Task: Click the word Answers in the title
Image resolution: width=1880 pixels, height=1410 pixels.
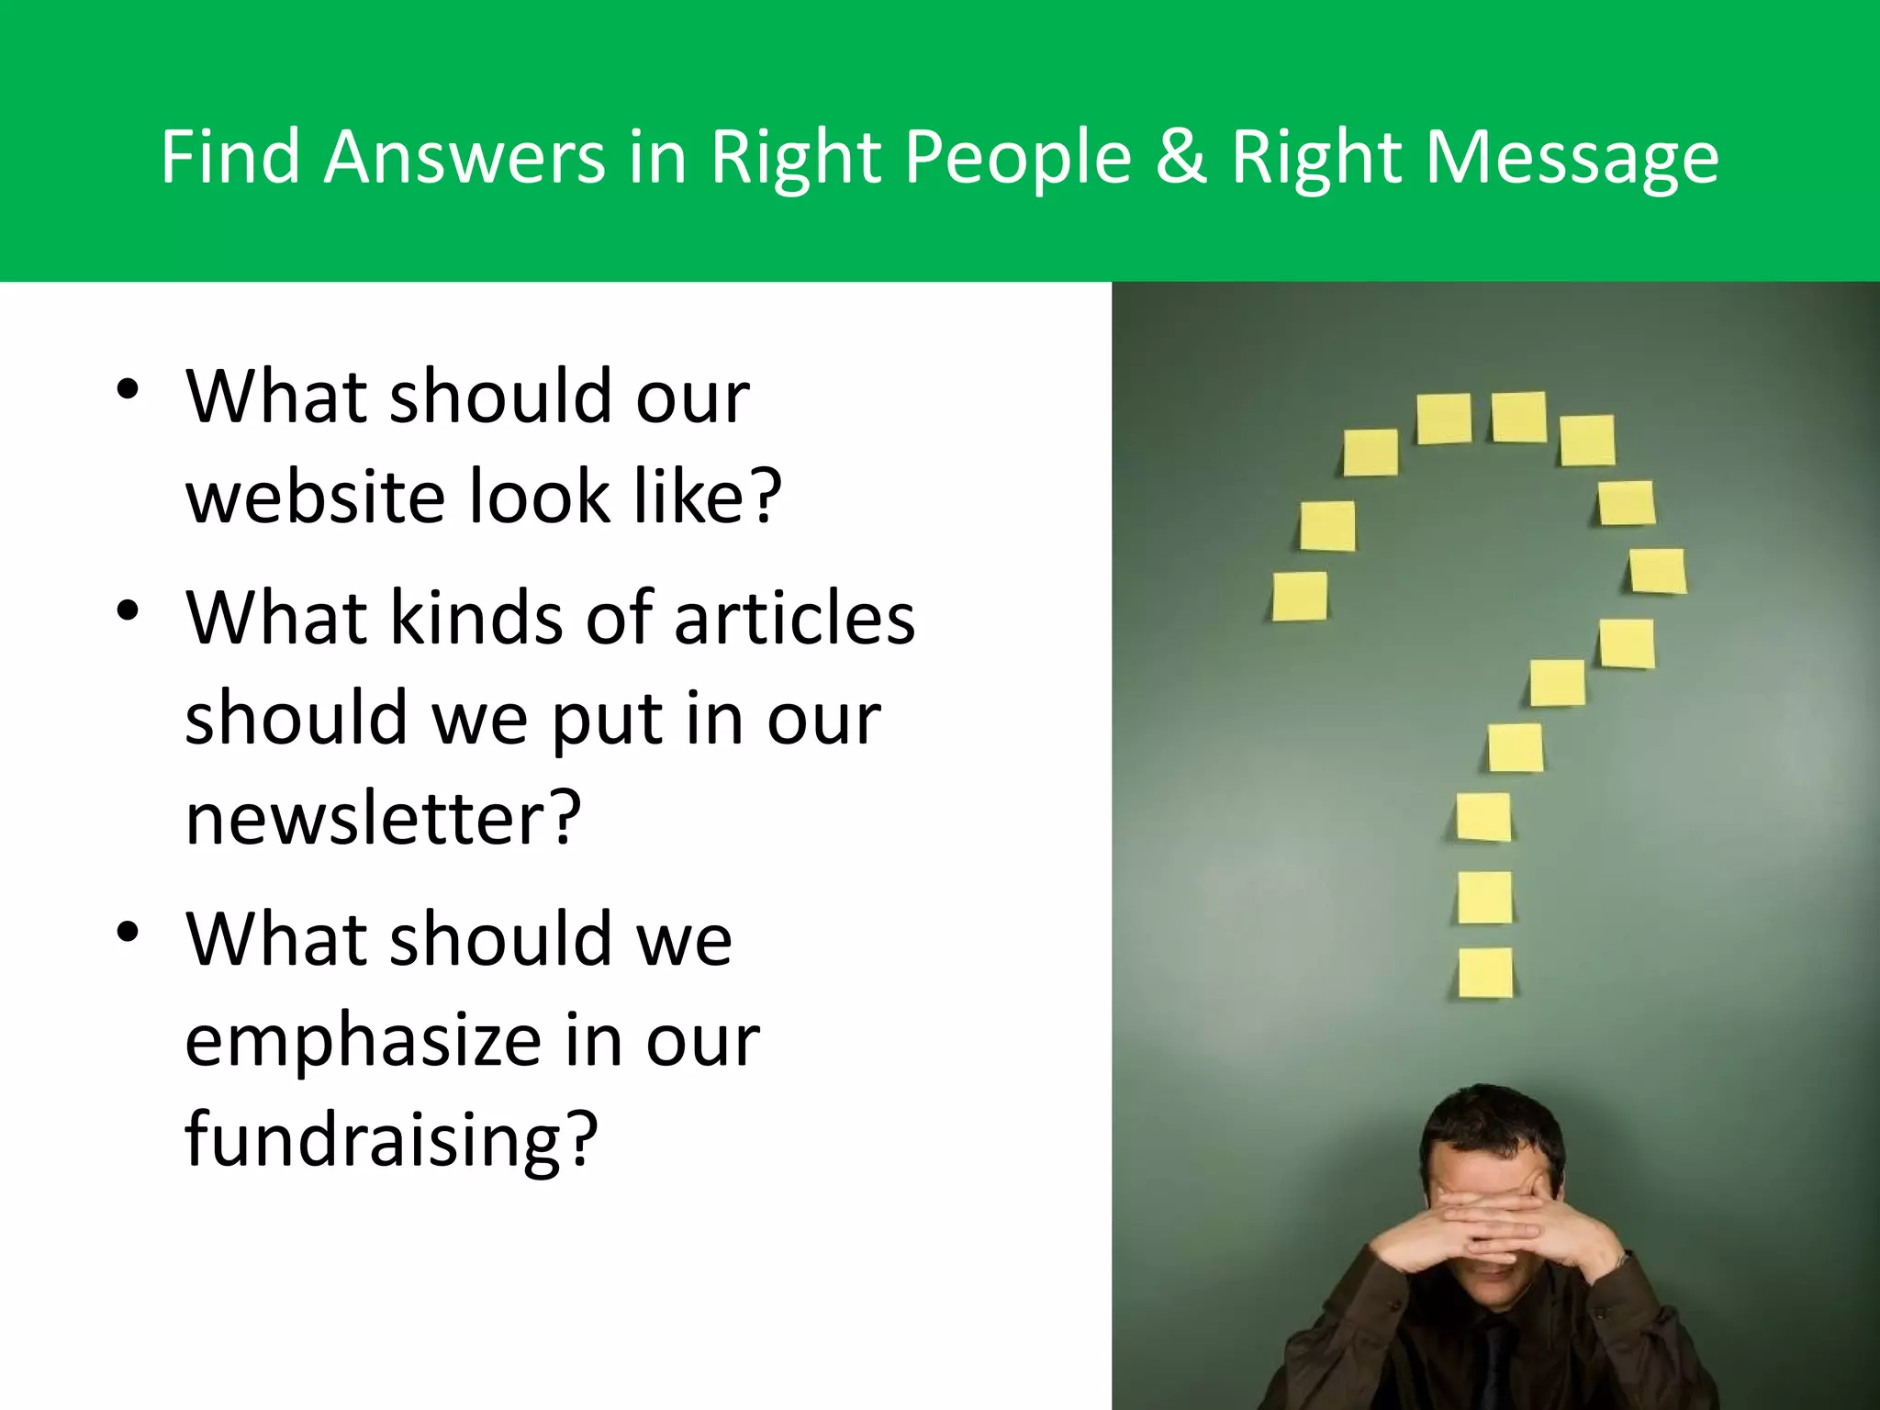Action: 464,157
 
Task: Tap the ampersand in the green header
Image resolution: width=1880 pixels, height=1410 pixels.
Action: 1181,157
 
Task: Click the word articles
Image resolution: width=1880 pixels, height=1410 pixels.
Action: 794,618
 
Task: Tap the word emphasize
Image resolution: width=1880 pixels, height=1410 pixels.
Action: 364,1043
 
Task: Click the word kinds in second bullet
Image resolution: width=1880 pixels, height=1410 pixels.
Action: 476,618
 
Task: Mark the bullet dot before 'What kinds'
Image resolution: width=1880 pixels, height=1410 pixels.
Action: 128,610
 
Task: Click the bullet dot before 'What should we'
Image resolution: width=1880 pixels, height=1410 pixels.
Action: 128,932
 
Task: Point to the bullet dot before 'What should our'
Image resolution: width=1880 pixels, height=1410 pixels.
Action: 128,389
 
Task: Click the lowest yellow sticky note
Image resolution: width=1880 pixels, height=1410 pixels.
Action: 1485,973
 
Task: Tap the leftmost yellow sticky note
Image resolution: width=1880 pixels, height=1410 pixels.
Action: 1300,596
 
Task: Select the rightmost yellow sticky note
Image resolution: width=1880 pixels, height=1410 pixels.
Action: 1658,570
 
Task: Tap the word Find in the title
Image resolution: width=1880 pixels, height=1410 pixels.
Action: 230,157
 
